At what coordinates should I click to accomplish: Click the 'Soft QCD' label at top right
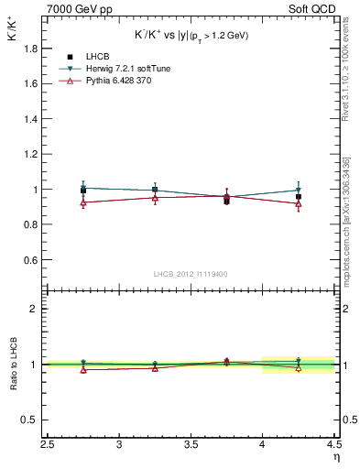(312, 8)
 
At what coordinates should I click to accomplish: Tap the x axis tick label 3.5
(191, 445)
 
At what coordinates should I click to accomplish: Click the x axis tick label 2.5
(48, 445)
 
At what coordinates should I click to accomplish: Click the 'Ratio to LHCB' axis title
(13, 364)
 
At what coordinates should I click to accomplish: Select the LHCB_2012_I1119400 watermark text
(191, 274)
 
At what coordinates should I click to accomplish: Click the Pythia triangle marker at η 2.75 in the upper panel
(83, 202)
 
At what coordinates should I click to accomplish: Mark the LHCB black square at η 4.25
(299, 196)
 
